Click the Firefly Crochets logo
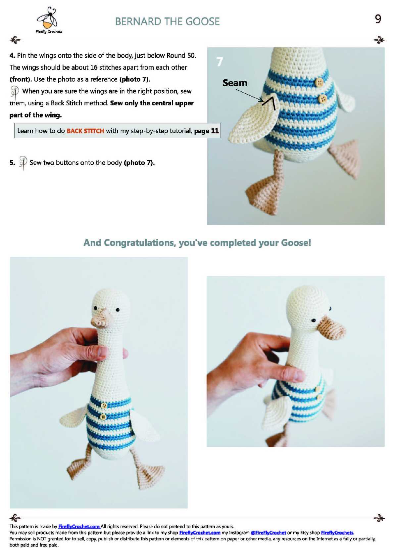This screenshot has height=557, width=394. [x=49, y=20]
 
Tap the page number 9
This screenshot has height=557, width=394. [x=377, y=19]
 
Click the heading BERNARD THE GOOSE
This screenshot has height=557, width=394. [x=167, y=21]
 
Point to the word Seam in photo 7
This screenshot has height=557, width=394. [x=235, y=83]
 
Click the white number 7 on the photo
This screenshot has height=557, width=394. [x=219, y=62]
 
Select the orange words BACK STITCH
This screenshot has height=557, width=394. [x=85, y=131]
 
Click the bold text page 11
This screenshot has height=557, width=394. [x=206, y=131]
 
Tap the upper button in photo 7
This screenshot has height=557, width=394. [x=319, y=82]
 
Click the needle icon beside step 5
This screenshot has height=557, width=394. [x=23, y=163]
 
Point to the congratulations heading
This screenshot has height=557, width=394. [x=197, y=243]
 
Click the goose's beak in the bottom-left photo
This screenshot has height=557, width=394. [x=100, y=319]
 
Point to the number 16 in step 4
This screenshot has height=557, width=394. [x=94, y=67]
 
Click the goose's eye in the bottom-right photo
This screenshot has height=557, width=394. [x=314, y=320]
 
